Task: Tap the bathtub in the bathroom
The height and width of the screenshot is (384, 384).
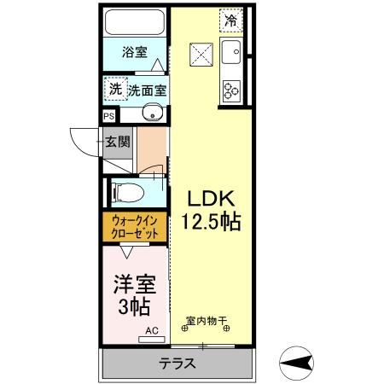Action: coord(137,23)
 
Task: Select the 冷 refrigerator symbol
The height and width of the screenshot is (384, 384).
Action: coord(230,19)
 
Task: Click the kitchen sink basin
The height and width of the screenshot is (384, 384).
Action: coord(230,55)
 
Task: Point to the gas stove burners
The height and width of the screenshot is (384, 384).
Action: coord(231,88)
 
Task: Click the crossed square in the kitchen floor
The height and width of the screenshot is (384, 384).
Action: coord(201,55)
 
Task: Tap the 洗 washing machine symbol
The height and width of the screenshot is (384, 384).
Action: coord(114,88)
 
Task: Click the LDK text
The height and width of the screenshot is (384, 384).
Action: coord(210,198)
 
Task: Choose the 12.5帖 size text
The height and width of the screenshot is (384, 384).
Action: coord(210,223)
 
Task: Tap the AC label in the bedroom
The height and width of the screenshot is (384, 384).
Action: coord(151,329)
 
